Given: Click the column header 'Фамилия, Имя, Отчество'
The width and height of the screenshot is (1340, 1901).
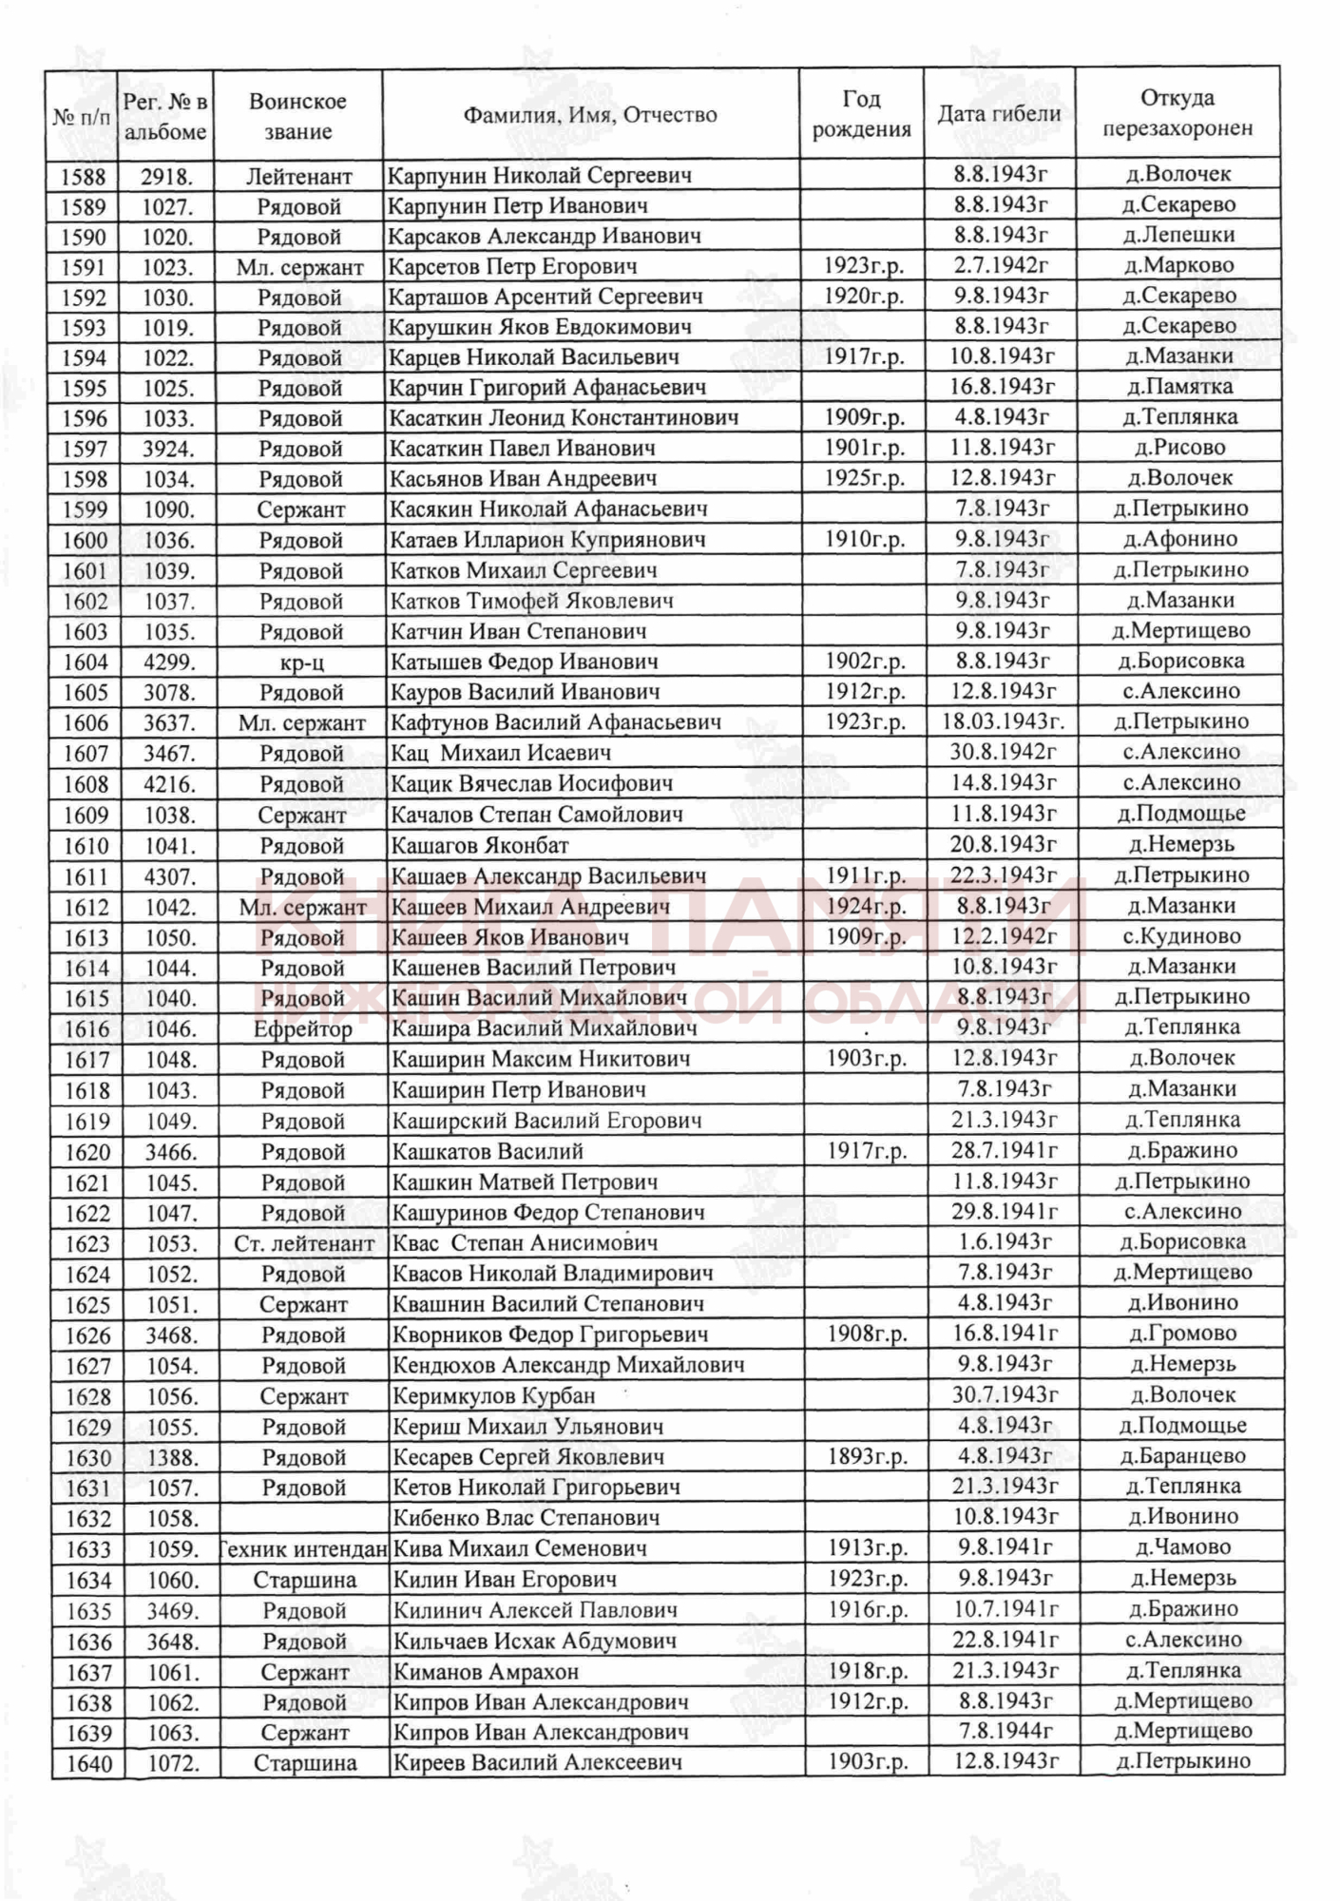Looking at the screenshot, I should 589,115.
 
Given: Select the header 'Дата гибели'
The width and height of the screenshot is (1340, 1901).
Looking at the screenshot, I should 999,114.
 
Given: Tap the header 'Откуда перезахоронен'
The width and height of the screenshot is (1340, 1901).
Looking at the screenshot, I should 1177,113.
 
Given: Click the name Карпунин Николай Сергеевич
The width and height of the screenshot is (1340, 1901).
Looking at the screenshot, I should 539,175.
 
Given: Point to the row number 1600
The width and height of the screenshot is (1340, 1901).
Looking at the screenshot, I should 85,540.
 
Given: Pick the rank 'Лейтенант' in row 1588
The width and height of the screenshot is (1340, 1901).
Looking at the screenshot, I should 298,176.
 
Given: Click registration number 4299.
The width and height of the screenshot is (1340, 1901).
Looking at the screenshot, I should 168,662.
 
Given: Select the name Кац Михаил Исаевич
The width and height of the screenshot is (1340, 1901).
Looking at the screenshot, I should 501,753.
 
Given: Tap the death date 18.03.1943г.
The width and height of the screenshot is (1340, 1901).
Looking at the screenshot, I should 1003,721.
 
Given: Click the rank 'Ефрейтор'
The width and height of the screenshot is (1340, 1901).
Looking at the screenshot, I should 302,1029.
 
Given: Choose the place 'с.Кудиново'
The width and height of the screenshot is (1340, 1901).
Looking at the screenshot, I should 1180,936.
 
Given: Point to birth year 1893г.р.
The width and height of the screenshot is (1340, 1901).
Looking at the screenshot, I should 866,1456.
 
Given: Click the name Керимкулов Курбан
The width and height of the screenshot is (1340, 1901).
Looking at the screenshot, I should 493,1396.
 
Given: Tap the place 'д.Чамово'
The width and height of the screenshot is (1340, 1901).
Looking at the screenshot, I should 1182,1547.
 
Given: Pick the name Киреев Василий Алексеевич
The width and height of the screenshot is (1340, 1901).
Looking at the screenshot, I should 537,1762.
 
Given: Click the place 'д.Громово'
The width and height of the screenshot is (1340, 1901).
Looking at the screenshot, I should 1182,1334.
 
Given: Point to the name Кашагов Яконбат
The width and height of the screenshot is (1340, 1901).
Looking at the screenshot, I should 480,845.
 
